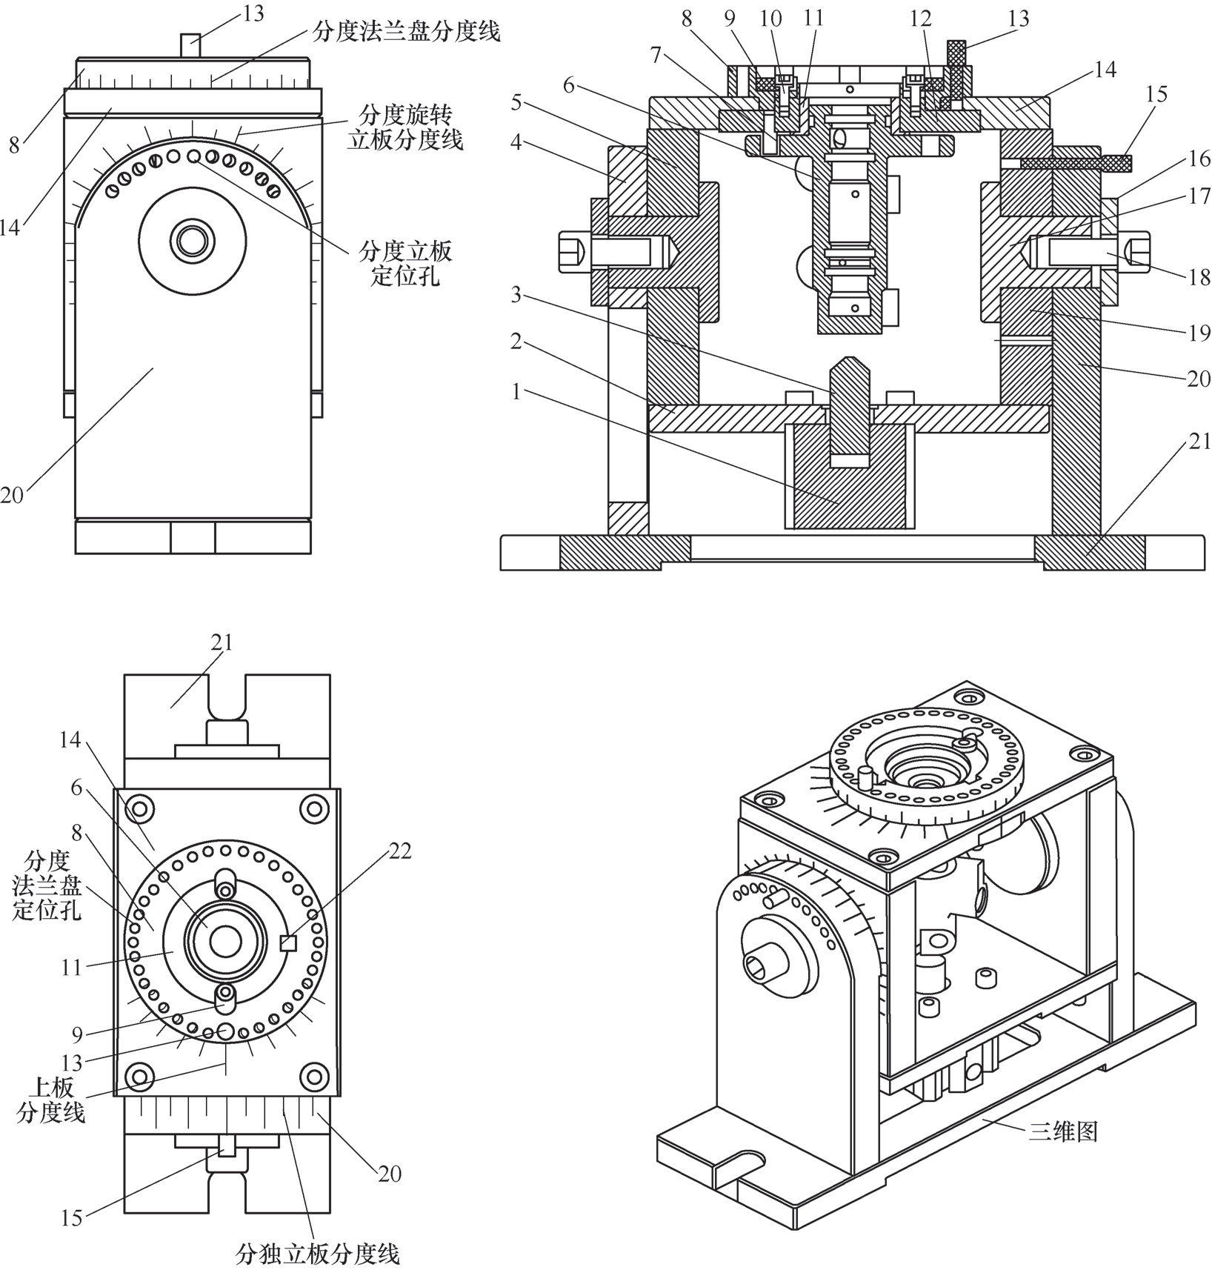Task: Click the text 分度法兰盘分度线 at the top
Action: point(406,31)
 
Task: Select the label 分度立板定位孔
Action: point(405,263)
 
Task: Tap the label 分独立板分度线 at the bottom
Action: point(318,1254)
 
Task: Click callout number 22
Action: point(400,851)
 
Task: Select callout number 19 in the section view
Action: point(1199,333)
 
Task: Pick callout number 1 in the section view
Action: point(516,391)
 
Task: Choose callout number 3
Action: point(516,295)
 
